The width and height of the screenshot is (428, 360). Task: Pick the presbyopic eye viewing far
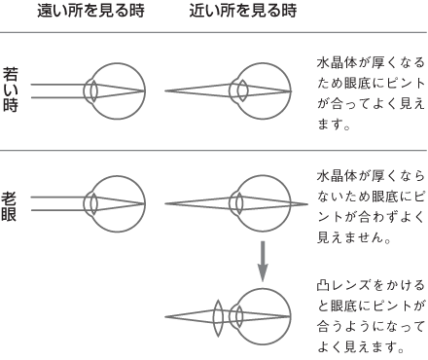point(114,205)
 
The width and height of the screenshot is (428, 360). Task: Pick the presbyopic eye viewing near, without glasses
point(262,205)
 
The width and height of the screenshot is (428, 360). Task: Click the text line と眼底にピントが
point(370,306)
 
